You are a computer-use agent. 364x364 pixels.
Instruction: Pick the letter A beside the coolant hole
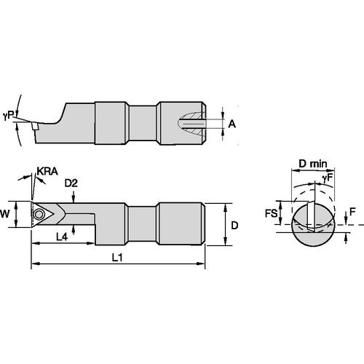pos(232,124)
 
